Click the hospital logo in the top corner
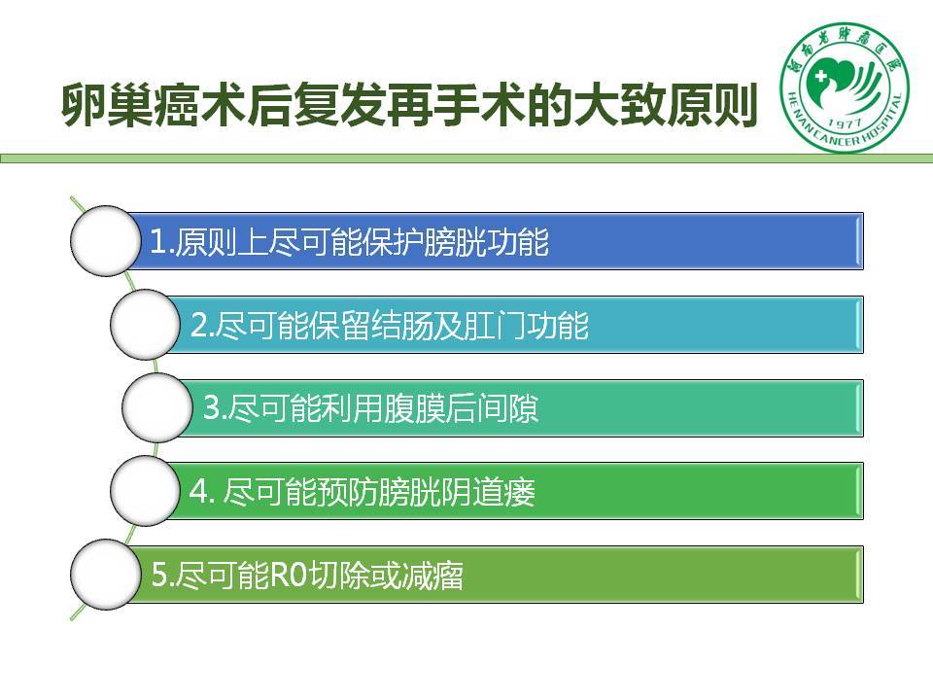tap(845, 87)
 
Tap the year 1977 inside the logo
tap(845, 123)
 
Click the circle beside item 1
tap(105, 240)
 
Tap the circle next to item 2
tap(145, 325)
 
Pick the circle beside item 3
tap(157, 407)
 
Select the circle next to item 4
tap(145, 491)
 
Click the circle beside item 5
tap(105, 575)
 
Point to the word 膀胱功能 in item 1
tap(486, 242)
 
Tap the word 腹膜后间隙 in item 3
tap(461, 408)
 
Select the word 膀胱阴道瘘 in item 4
tap(457, 492)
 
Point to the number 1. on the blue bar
tap(160, 242)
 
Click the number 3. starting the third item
tap(215, 408)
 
